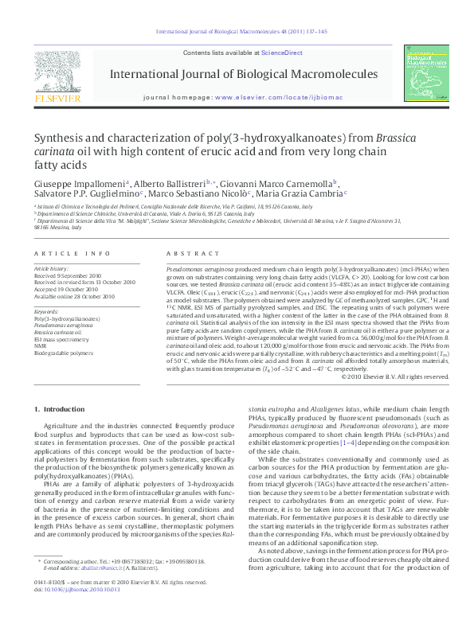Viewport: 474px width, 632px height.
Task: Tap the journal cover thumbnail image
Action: coord(427,74)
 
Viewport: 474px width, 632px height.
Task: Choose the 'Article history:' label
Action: coord(52,269)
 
